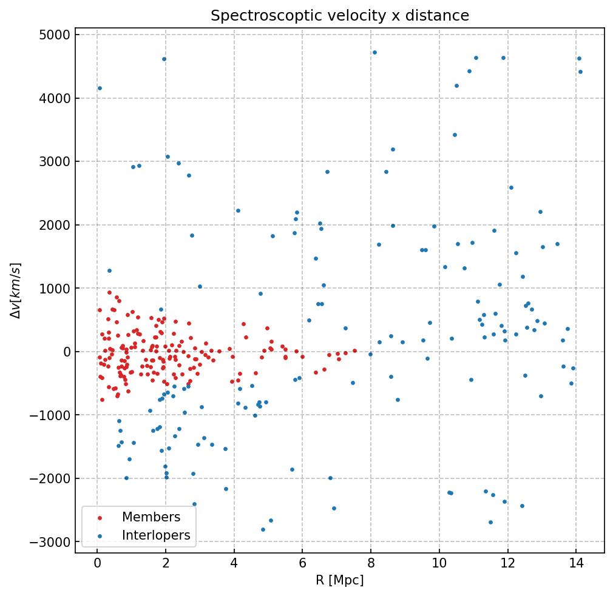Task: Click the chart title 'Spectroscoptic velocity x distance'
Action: coord(340,16)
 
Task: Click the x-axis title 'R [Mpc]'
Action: coord(339,580)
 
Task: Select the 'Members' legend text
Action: coord(151,517)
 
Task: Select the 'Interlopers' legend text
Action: coord(156,535)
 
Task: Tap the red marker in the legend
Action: coord(100,518)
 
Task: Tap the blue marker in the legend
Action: coord(100,536)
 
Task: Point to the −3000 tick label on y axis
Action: coord(51,541)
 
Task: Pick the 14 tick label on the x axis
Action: coord(577,564)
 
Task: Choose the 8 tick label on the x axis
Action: coord(371,564)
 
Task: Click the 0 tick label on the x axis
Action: coord(97,564)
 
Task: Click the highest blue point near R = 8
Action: coord(374,52)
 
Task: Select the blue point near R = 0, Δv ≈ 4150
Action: coord(100,88)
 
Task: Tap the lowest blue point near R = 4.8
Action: coord(263,529)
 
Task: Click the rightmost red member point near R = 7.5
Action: coord(354,350)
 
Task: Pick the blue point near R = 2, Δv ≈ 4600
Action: coord(164,59)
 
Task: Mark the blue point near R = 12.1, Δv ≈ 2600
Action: coord(511,187)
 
